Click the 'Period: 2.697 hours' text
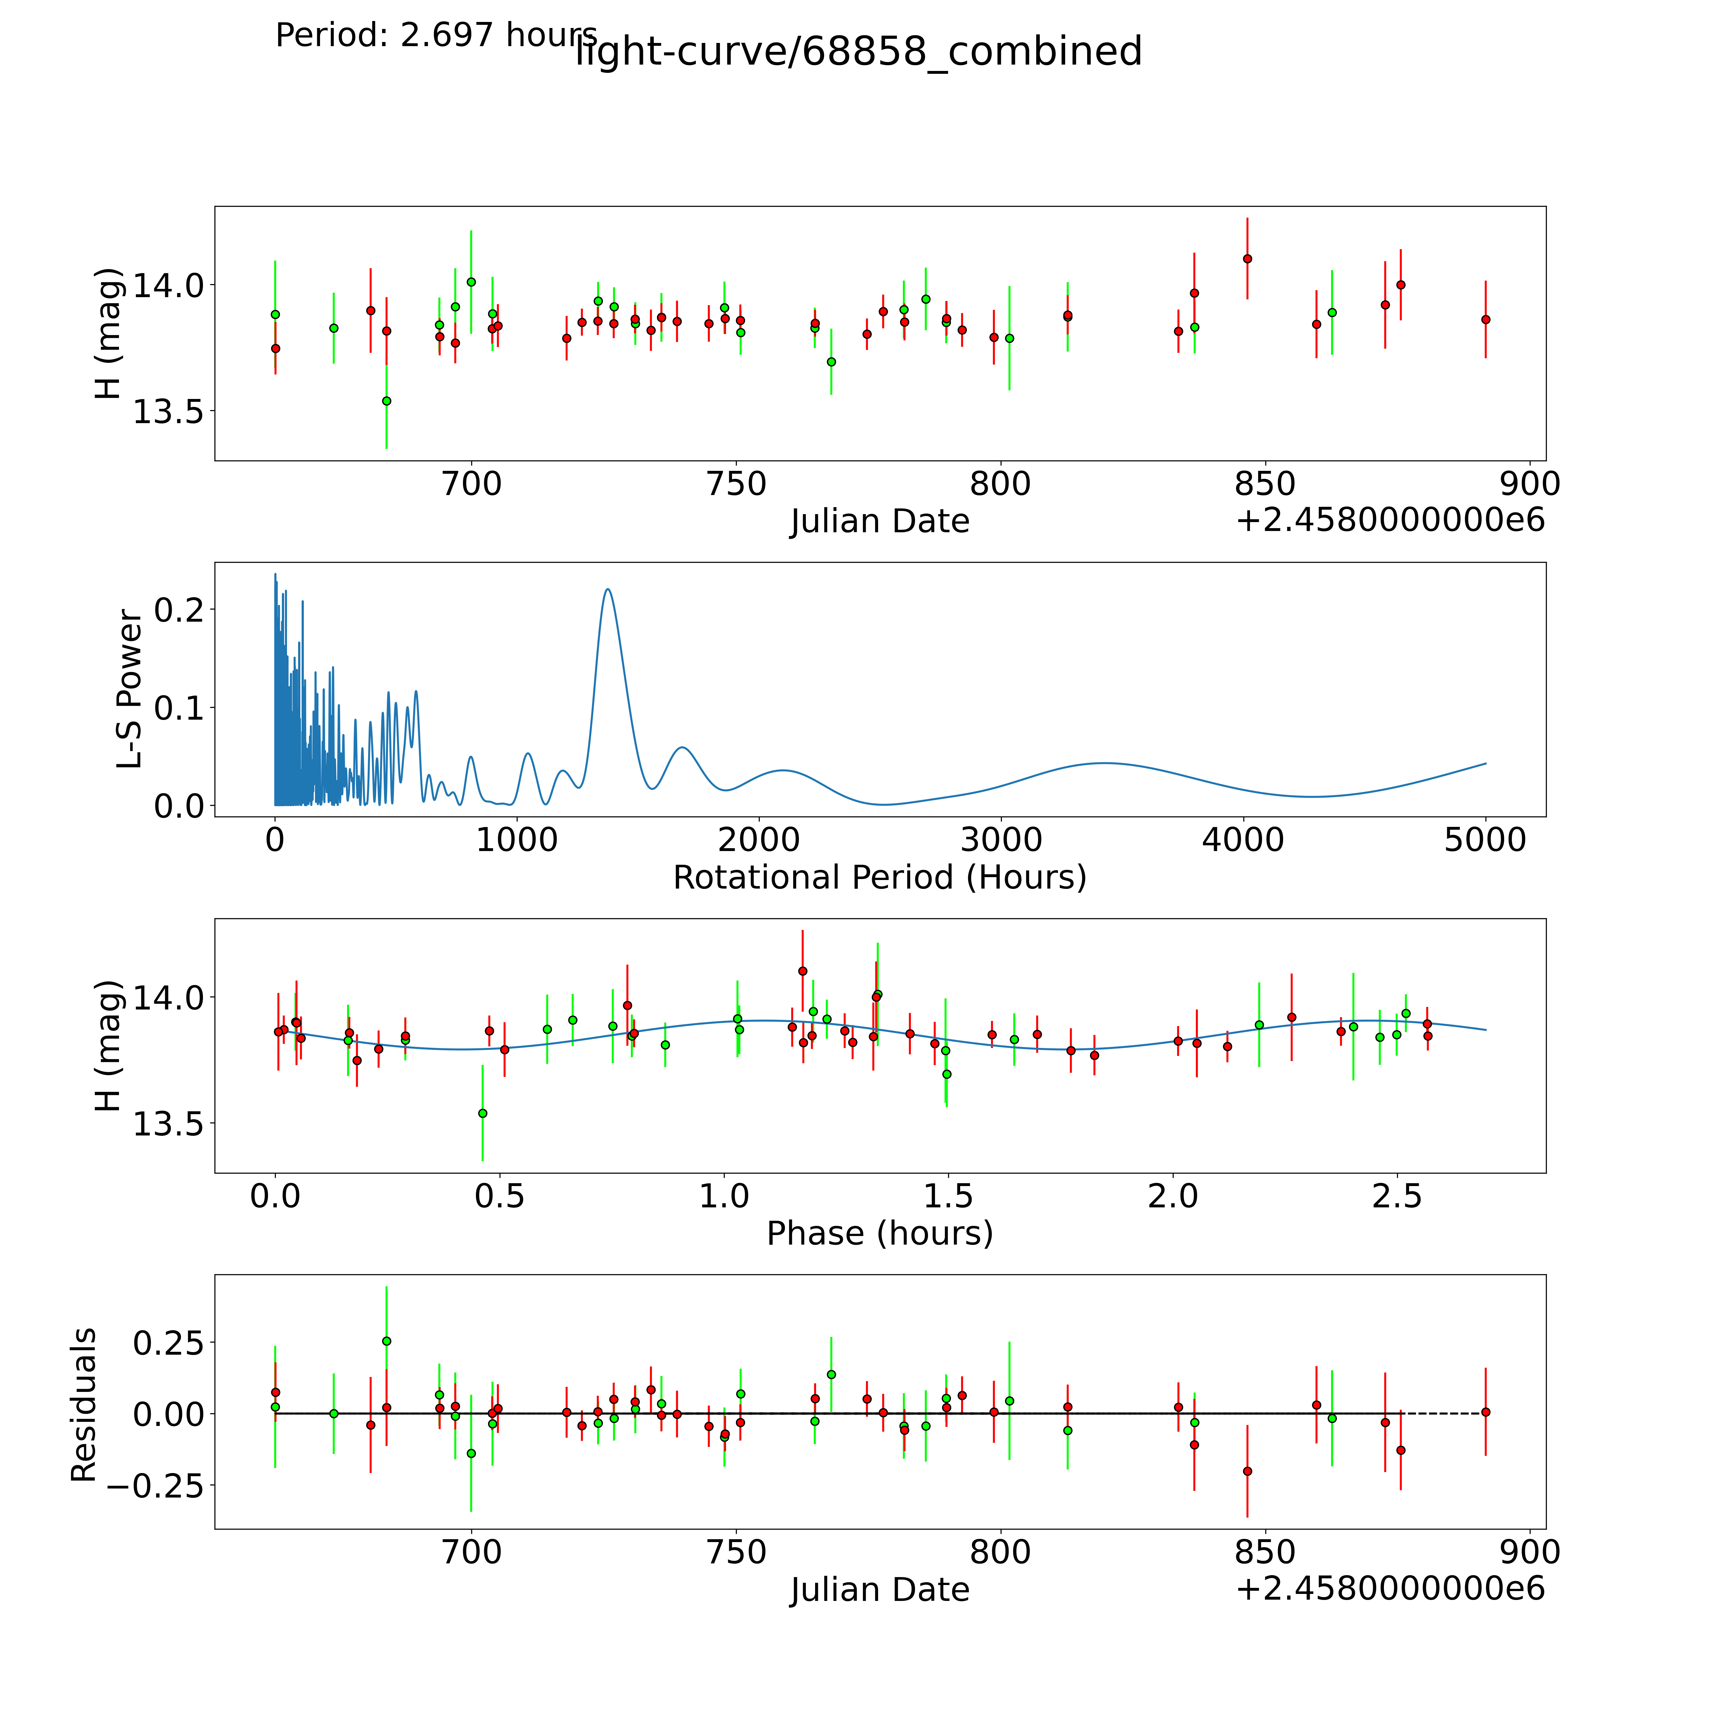click(436, 36)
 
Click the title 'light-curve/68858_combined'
click(858, 52)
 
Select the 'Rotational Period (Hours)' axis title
click(879, 878)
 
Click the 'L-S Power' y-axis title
click(130, 689)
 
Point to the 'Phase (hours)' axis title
click(879, 1233)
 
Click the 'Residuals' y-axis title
click(84, 1405)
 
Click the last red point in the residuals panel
click(1485, 1412)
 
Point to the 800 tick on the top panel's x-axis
click(1000, 485)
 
